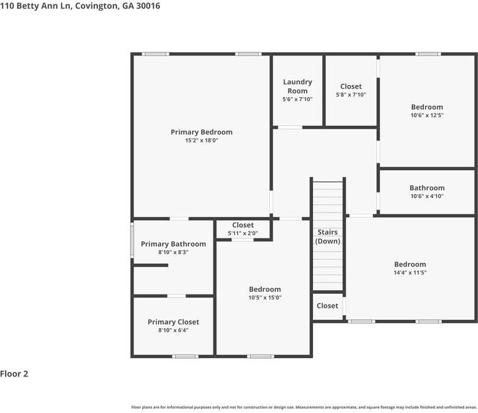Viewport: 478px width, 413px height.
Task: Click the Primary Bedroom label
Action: click(x=202, y=132)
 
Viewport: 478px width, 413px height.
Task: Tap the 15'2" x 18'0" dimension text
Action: click(x=202, y=141)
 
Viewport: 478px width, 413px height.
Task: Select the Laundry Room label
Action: click(x=297, y=86)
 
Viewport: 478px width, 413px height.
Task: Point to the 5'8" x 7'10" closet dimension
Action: click(x=351, y=95)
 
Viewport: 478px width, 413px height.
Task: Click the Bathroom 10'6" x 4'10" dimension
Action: click(x=427, y=196)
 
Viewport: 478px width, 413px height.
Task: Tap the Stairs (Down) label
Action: click(x=327, y=236)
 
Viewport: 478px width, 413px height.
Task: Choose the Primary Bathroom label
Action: click(x=173, y=244)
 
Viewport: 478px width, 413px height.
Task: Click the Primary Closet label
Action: click(x=173, y=322)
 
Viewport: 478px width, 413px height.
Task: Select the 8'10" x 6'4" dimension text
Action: click(x=173, y=330)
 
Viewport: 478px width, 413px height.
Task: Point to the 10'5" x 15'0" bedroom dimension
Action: click(x=265, y=298)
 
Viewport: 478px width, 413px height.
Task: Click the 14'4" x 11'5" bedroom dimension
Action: click(x=410, y=272)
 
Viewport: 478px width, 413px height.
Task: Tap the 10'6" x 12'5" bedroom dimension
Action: click(x=427, y=115)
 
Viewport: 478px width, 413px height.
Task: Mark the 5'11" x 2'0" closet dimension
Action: click(x=243, y=233)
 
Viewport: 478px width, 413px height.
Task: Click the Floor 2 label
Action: click(x=14, y=374)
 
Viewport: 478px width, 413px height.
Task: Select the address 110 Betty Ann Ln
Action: click(x=35, y=6)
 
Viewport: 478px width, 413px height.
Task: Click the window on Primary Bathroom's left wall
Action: click(x=132, y=240)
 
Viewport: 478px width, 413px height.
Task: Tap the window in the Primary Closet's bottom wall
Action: click(x=185, y=356)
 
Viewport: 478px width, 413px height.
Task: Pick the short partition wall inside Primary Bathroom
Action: click(x=151, y=265)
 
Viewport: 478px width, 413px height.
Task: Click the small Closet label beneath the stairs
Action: click(x=327, y=306)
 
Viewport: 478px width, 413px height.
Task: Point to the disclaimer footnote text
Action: click(x=304, y=407)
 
